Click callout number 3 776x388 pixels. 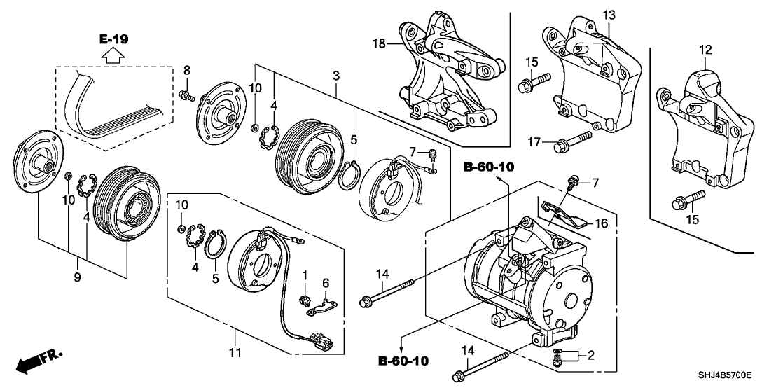point(336,75)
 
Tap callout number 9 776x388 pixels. point(77,277)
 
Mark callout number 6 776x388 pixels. point(325,282)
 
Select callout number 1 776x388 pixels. point(305,273)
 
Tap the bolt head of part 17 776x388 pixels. point(560,146)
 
